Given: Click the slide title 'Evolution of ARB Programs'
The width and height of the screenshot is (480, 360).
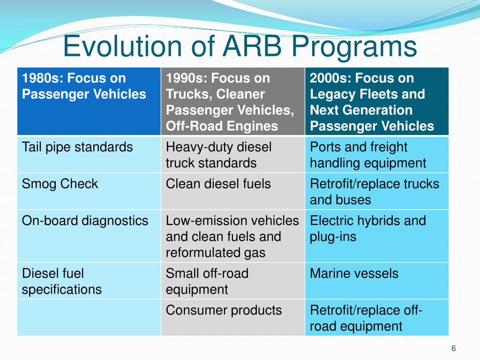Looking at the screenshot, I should click(240, 46).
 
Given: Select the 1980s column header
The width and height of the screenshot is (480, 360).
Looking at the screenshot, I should click(89, 102).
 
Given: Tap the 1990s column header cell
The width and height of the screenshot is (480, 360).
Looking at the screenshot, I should click(232, 102).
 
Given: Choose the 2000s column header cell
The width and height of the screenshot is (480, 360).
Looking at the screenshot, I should click(376, 102).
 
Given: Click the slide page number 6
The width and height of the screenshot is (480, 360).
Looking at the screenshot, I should click(453, 348).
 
